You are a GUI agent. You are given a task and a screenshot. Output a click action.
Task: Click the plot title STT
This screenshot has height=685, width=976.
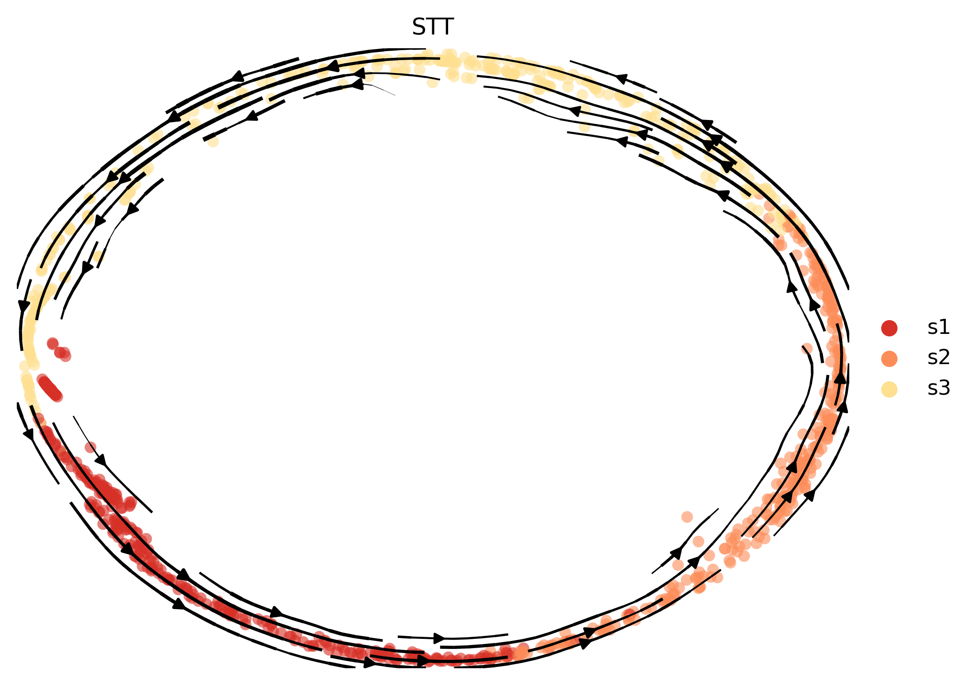(x=433, y=27)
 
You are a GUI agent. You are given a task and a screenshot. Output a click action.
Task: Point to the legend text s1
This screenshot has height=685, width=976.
(x=939, y=327)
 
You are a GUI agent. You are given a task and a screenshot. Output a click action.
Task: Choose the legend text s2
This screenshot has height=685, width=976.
(x=939, y=358)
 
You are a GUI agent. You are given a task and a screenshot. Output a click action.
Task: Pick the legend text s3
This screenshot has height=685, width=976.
(x=939, y=388)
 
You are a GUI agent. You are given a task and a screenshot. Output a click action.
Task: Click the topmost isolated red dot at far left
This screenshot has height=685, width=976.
(x=53, y=344)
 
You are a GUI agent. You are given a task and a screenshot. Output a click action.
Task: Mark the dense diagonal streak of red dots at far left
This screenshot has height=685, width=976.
(x=50, y=388)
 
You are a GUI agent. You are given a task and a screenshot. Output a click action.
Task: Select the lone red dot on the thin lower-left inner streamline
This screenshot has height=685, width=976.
(x=91, y=447)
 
